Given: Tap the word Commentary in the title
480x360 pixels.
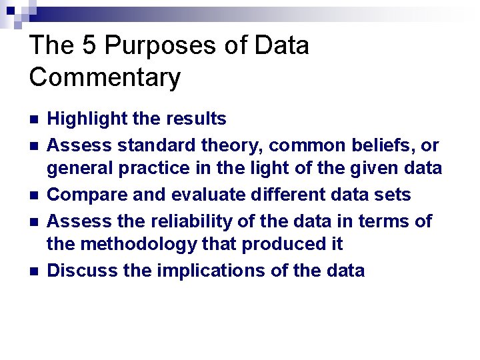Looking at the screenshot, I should tap(105, 77).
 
